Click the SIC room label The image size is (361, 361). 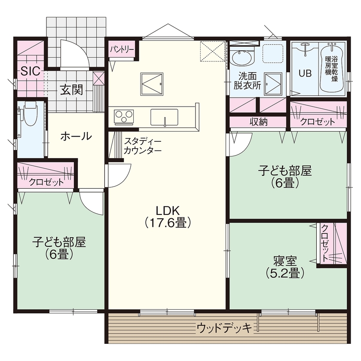point(30,71)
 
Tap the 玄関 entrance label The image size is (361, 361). point(71,90)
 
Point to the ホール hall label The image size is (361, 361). point(76,137)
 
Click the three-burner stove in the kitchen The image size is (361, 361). point(124,116)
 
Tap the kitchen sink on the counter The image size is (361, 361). point(164,116)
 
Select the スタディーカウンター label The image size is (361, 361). point(143,146)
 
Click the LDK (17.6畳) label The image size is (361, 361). point(167,216)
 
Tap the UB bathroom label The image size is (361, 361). point(305,73)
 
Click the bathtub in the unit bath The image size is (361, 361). point(331,69)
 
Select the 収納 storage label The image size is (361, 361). point(259,122)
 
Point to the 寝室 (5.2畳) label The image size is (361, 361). point(285,266)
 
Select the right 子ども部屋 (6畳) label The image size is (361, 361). point(285,177)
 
